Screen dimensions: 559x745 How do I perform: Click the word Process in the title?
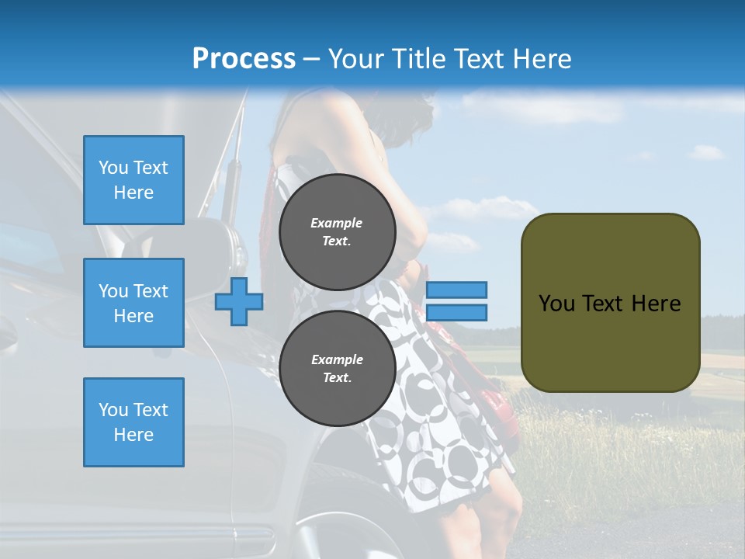[x=244, y=59]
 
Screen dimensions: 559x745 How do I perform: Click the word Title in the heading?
[x=418, y=59]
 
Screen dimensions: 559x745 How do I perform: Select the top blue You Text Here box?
[x=133, y=180]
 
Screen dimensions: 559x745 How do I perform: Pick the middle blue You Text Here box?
[x=133, y=303]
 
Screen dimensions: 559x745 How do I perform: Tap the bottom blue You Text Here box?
[x=133, y=422]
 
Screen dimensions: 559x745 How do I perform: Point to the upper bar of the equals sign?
[x=456, y=290]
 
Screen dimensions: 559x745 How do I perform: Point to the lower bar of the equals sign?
[x=456, y=313]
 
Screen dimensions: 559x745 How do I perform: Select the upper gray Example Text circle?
[x=337, y=232]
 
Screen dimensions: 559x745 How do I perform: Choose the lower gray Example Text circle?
[x=337, y=369]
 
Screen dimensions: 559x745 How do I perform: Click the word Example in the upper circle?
[x=337, y=223]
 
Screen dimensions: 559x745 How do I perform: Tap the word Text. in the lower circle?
[x=337, y=378]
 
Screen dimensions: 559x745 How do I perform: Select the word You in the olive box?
[x=556, y=304]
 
